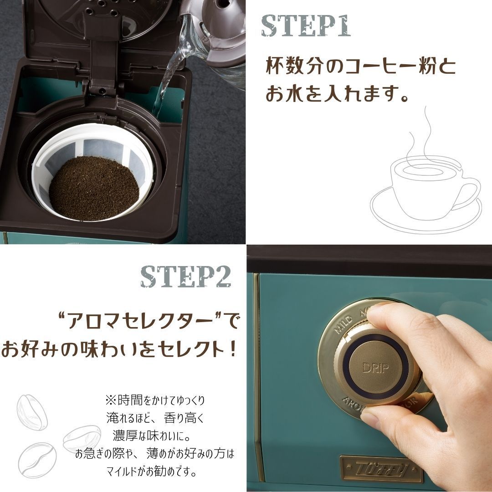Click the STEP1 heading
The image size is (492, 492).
pyautogui.click(x=306, y=26)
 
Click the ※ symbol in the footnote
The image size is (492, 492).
pyautogui.click(x=111, y=400)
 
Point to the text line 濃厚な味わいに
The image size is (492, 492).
pyautogui.click(x=151, y=435)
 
